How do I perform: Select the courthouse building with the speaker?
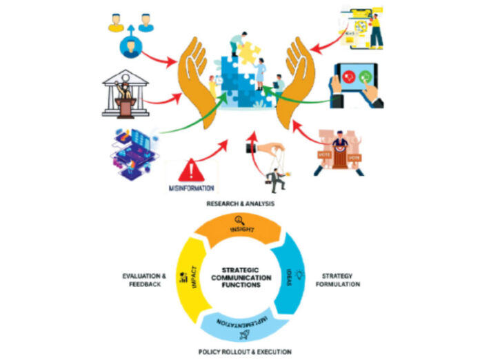(125, 92)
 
